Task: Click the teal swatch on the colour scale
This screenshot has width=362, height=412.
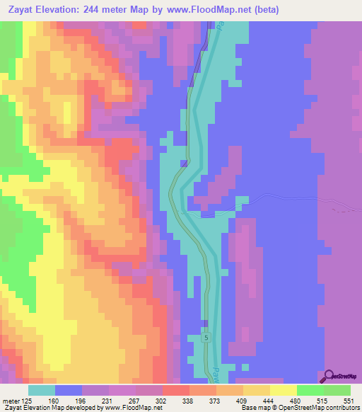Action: (42, 390)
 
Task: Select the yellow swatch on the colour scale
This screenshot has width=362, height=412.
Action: (283, 390)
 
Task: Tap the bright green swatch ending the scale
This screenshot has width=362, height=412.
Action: (337, 390)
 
